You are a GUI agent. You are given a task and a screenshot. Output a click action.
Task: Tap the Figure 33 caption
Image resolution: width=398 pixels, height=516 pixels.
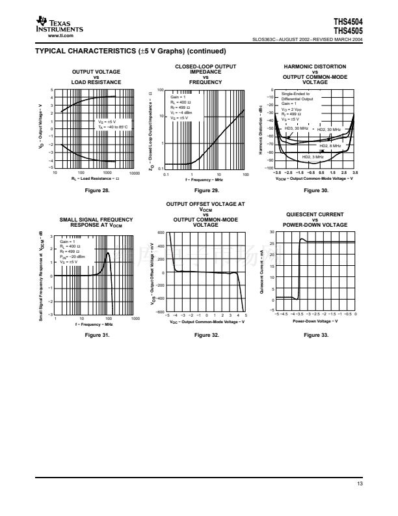[x=315, y=334]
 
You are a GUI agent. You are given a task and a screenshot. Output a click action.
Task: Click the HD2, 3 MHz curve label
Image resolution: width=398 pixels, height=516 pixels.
[x=314, y=158]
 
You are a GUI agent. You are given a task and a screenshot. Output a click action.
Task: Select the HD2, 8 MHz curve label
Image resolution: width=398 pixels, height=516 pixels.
[x=330, y=146]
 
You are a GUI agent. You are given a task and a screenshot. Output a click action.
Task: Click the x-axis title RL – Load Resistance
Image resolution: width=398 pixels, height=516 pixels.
[x=96, y=178]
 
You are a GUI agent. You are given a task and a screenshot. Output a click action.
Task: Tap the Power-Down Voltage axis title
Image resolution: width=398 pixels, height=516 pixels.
[x=315, y=321]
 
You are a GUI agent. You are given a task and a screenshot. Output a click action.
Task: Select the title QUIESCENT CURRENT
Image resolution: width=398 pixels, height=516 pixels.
[x=315, y=214]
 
